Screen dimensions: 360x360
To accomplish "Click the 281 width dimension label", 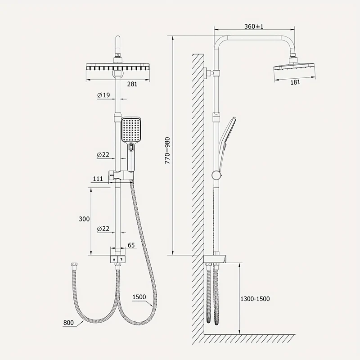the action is coord(132,84).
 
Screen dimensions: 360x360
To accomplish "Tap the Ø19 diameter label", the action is coord(103,95).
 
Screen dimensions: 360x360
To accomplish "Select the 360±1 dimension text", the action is coord(254,27).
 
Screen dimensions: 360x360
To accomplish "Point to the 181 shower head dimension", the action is coord(295,82).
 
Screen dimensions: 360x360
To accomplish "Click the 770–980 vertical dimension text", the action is coord(167,150).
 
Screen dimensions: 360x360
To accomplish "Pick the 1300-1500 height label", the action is coord(255,299).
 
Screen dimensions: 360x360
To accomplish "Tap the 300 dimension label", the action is coord(84,219).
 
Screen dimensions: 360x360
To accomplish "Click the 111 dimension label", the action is coord(98,178).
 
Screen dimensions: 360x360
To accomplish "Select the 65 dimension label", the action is coord(131,245).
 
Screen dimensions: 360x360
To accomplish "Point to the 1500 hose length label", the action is coord(139,297).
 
